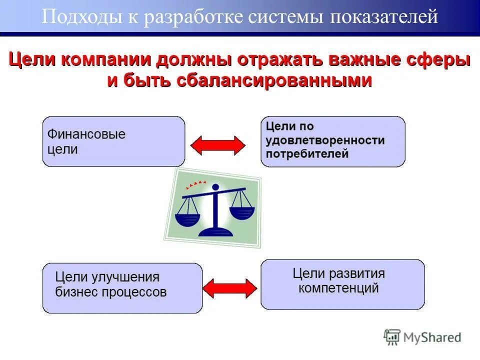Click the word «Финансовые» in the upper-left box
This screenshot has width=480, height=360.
pos(86,134)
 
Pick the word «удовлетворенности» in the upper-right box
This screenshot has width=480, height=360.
pos(325,140)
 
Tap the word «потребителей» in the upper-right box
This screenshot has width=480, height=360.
pos(307,154)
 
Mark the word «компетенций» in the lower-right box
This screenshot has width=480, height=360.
pos(338,288)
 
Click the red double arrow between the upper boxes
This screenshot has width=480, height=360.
pos(217,145)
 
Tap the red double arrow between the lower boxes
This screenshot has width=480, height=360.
pos(229,287)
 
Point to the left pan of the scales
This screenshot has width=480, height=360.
pos(187,219)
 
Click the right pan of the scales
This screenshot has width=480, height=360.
pos(241,212)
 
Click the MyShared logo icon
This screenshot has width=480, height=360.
pos(392,337)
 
